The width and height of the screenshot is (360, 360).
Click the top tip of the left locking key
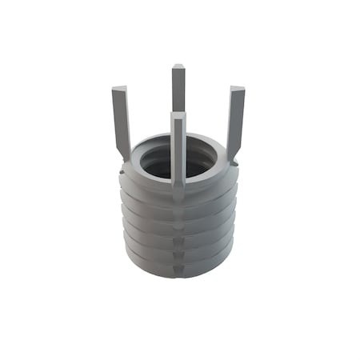[x=119, y=89]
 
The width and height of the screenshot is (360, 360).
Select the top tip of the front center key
[x=178, y=117]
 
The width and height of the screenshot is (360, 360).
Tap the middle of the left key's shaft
[x=121, y=120]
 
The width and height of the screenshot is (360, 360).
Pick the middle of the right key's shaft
[x=235, y=120]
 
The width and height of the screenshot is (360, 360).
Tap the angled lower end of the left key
[x=125, y=154]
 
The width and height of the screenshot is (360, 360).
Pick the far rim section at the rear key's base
[x=178, y=138]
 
